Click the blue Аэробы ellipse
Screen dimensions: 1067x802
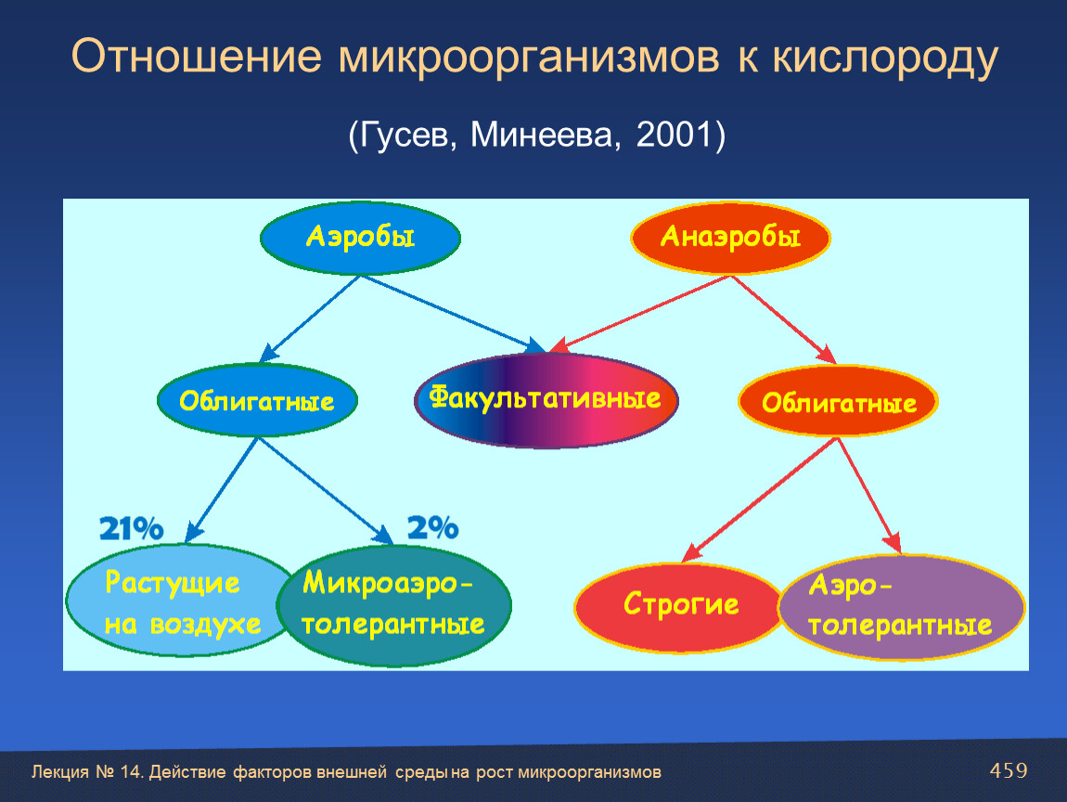(361, 238)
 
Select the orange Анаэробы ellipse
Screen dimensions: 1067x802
(731, 238)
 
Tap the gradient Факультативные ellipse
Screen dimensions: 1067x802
(546, 400)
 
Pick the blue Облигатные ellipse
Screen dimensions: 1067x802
(257, 400)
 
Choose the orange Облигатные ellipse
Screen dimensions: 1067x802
(839, 401)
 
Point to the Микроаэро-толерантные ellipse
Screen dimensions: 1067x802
(394, 605)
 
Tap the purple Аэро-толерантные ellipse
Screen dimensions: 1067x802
(901, 607)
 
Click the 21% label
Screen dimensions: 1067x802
(132, 528)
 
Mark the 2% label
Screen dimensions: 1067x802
(432, 527)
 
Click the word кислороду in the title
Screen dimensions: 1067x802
(884, 58)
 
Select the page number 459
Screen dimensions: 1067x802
(1009, 770)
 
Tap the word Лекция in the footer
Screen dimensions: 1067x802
(60, 772)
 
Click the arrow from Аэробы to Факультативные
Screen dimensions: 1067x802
(453, 314)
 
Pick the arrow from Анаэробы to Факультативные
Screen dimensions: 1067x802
(639, 314)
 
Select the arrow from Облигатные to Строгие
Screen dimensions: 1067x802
(759, 499)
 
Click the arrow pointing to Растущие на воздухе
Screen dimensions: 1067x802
(221, 489)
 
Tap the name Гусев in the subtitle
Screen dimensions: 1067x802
(405, 136)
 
